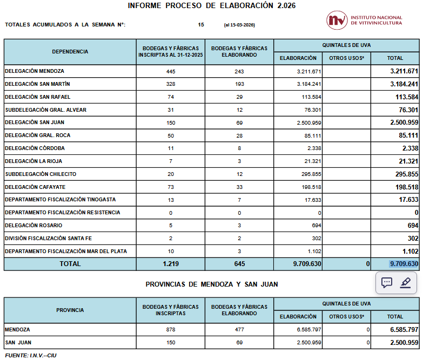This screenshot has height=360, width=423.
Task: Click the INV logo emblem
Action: pos(337,21)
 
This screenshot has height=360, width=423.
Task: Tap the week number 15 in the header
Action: pos(201,25)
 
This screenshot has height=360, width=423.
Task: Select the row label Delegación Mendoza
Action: pos(35,71)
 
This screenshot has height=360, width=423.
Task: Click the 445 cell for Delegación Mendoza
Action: pos(171,71)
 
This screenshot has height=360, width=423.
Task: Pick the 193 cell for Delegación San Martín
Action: pos(239,84)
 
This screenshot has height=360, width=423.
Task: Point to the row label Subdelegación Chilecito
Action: pos(41,174)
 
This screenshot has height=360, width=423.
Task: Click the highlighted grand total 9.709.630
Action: pos(404,264)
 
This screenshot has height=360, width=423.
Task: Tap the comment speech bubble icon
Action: pos(387,283)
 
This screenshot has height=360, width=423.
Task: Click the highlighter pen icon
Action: pos(406,283)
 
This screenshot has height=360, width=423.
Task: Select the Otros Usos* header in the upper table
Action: pos(346,58)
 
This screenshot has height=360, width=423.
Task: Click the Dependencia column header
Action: pos(70,52)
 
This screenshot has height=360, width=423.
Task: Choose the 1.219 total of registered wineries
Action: pos(171,264)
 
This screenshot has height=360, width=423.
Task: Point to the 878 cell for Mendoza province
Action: pos(171,329)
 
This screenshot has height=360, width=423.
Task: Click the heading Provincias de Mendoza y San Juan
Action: pos(212,284)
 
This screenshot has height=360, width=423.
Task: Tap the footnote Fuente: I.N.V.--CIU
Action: pos(31,355)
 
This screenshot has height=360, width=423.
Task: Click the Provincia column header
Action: pos(70,310)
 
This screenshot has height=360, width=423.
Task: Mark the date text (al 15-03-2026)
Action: pos(239,25)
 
